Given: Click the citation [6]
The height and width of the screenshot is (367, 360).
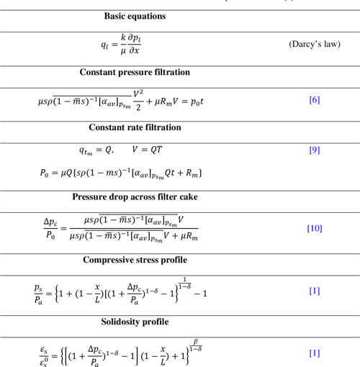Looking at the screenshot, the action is click(x=314, y=99).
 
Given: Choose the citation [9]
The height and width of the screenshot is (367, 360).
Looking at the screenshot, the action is click(x=314, y=150).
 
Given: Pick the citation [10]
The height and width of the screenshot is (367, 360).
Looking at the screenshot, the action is click(x=314, y=229).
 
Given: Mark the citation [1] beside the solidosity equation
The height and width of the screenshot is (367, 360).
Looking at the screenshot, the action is click(x=314, y=353).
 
